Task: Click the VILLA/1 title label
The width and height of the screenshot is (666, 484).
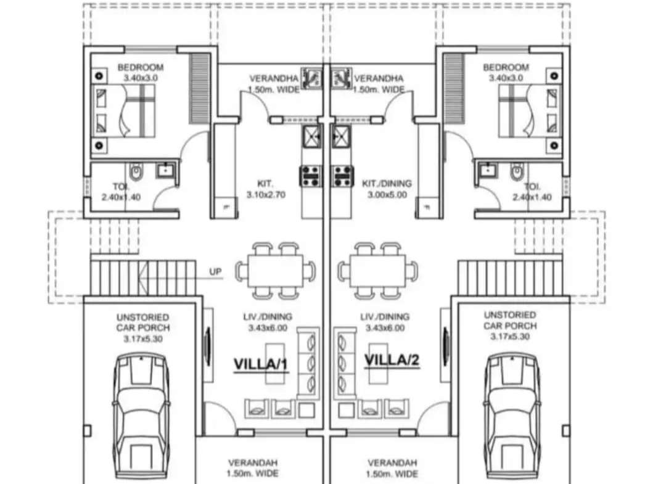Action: pos(261,364)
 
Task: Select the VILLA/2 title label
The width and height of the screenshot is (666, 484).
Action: pos(392,360)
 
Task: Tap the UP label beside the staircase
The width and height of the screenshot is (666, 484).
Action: pos(215,271)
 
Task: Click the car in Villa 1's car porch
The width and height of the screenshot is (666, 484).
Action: pos(141,417)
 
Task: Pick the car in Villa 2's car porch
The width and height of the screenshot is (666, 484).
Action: pos(512,417)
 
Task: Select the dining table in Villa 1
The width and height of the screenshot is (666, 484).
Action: pos(276,271)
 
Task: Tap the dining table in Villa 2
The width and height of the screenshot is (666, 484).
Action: pos(377,271)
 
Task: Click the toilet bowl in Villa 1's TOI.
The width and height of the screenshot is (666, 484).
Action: pos(136,171)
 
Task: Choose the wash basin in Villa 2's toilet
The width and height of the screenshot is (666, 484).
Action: pos(488,170)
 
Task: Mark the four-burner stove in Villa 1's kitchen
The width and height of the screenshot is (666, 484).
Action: pos(311,176)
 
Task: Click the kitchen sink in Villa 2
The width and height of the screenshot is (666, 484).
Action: pos(341,137)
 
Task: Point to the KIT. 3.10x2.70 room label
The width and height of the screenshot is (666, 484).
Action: pos(266,189)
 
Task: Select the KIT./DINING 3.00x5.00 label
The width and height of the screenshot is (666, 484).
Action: pos(387,189)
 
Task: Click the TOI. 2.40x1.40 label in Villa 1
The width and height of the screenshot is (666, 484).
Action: pos(121,192)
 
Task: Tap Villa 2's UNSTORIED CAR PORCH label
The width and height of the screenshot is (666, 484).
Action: pos(510,326)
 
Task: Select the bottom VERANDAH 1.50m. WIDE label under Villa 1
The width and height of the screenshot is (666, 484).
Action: pos(253,467)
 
